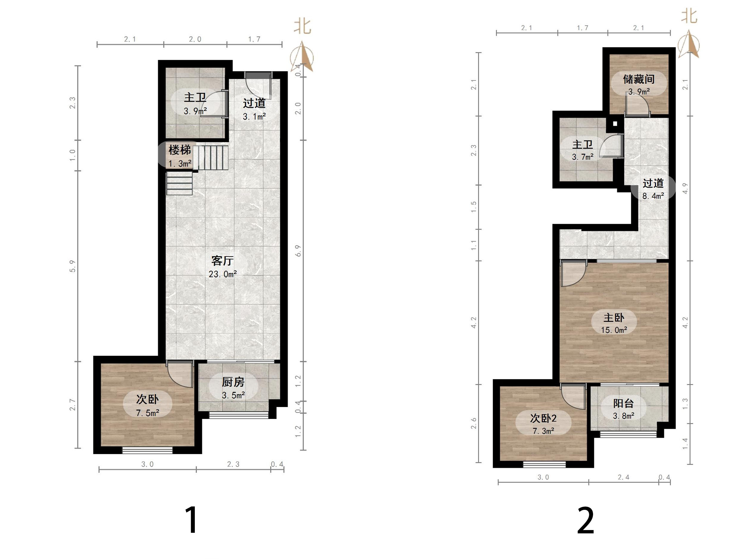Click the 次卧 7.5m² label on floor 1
pos(147,406)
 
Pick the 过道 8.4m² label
pos(653,190)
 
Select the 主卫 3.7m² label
pos(583,150)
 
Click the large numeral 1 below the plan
pos(192,520)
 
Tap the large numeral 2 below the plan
pos(586,521)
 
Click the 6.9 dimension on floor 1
pos(298,251)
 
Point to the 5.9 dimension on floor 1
pos(72,266)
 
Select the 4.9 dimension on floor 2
pos(685,188)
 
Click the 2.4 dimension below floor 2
pos(623,477)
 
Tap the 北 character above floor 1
pos(302,26)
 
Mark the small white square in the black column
pos(615,124)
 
